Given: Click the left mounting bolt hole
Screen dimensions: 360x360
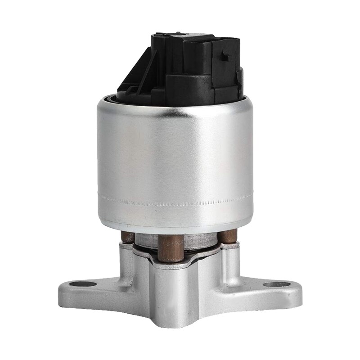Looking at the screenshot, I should pos(84,284).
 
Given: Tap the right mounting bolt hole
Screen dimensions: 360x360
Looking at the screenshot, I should pos(277,284).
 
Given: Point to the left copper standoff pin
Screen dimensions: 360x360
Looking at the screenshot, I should pos(128,237).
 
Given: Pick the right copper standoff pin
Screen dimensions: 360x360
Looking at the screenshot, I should pos(228,236).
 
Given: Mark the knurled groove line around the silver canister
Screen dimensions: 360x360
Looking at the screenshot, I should pos(175,201).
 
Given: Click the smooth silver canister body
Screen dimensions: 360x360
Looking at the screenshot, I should pos(175,153).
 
